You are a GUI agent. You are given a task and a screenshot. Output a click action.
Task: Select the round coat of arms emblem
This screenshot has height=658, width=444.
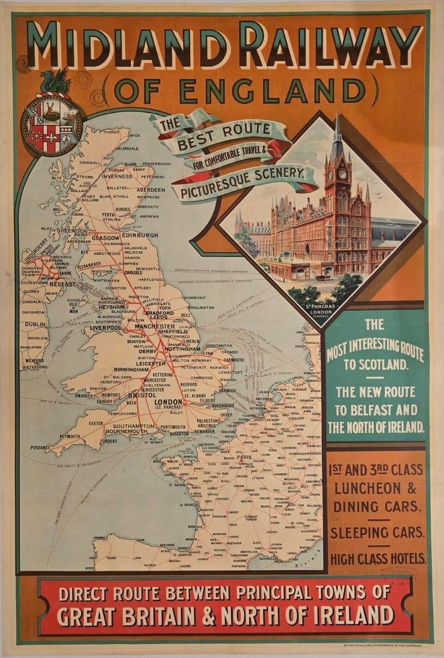click(51, 125)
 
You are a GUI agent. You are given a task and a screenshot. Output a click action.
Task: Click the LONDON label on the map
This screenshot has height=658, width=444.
click(168, 402)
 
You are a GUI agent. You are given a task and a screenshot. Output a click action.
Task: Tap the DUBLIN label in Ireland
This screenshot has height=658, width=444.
click(36, 324)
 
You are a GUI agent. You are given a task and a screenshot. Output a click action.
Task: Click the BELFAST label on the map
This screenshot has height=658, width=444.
click(62, 284)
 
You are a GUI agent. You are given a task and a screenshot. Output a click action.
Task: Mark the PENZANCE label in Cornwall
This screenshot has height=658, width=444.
click(40, 447)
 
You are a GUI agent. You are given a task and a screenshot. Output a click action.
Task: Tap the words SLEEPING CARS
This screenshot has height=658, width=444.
click(377, 532)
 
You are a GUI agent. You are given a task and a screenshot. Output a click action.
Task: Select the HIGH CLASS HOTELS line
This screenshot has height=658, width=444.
click(377, 559)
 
